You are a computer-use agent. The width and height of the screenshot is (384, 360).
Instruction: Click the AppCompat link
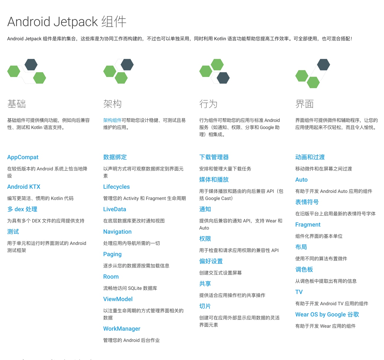[x=23, y=157]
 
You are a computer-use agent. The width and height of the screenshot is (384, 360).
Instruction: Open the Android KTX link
[x=24, y=187]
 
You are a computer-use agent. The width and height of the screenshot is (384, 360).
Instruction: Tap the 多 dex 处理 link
[x=22, y=209]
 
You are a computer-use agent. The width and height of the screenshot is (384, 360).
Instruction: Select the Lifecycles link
[x=116, y=187]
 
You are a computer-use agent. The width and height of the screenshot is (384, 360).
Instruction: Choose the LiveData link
[x=114, y=209]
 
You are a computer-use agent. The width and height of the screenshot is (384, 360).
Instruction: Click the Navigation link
[x=117, y=232]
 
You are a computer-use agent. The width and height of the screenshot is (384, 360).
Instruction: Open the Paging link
[x=112, y=254]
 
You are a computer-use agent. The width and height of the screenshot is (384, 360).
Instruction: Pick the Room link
[x=111, y=277]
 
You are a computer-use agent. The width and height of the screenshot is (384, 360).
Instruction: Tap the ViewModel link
[x=118, y=299]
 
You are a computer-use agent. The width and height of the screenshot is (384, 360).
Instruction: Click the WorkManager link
[x=121, y=329]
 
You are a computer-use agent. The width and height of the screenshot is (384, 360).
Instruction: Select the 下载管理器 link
[x=214, y=157]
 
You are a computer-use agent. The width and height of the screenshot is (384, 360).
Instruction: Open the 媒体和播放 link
[x=214, y=180]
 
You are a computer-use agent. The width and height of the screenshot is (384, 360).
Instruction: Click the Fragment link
[x=308, y=225]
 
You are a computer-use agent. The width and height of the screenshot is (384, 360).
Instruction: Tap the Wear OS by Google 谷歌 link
[x=327, y=314]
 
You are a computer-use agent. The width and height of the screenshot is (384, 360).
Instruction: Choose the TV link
[x=299, y=292]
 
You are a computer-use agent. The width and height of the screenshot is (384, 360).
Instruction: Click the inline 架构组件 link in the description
[x=112, y=120]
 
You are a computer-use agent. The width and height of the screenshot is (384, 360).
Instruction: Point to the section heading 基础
[x=17, y=104]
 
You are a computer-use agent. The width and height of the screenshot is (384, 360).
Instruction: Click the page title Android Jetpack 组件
[x=67, y=22]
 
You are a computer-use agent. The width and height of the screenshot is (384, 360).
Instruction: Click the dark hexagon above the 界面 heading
[x=323, y=64]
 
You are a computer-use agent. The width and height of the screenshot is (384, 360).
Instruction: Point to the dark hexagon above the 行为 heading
[x=223, y=78]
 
